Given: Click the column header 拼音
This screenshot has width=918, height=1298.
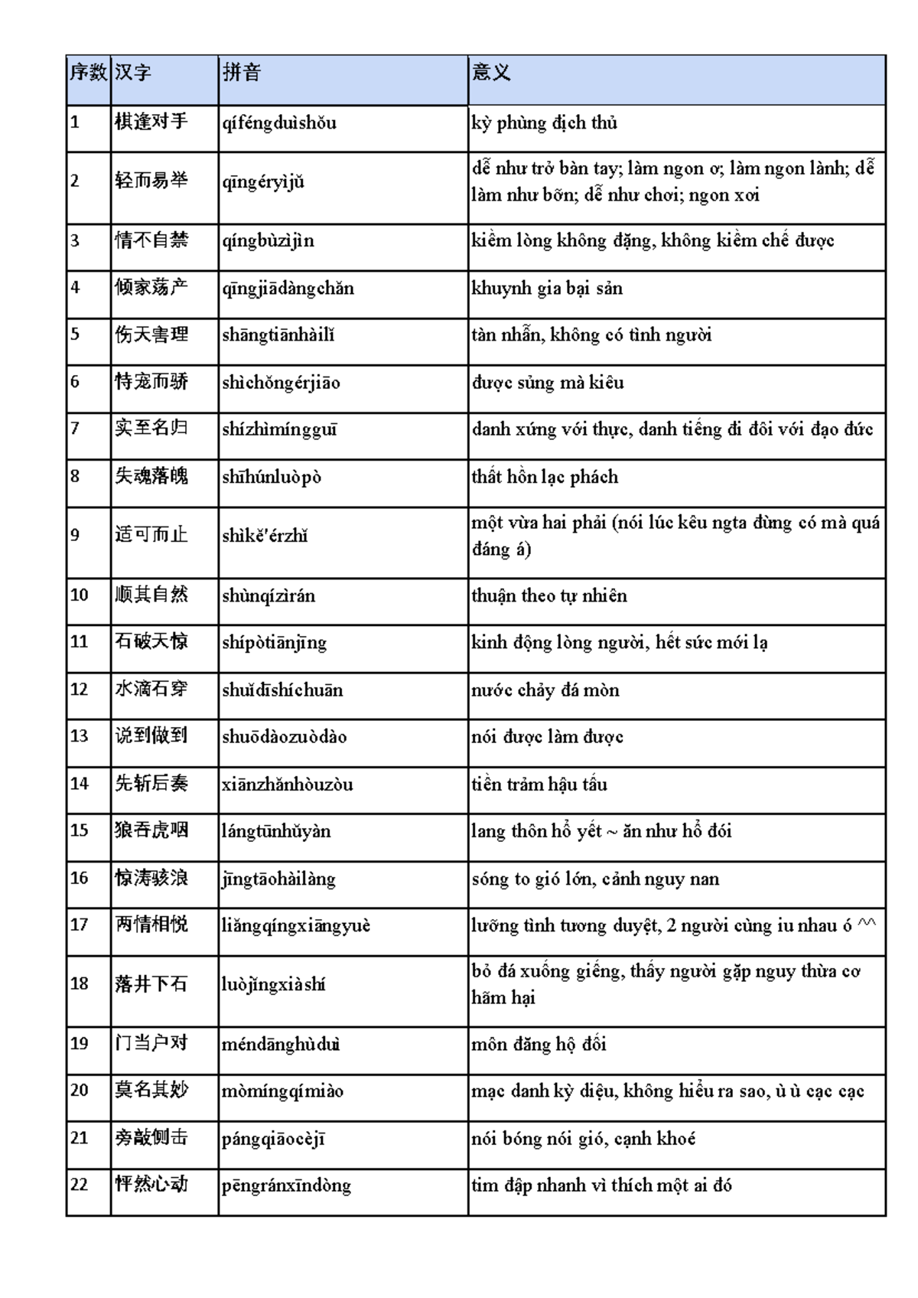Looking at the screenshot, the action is tap(242, 73).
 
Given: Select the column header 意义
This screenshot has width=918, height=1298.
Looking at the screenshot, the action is tap(491, 73).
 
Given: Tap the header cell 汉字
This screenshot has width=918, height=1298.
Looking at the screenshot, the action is tap(133, 73).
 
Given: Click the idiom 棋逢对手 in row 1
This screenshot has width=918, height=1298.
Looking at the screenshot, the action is tap(151, 122).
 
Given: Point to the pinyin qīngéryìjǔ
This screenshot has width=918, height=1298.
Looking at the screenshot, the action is tap(263, 181).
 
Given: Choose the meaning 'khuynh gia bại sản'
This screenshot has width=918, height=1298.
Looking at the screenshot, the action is tap(547, 289).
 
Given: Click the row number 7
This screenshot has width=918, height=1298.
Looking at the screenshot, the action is tap(75, 429).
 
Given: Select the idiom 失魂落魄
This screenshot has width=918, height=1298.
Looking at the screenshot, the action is tap(151, 476).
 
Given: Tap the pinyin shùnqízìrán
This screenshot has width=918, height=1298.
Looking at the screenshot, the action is tap(269, 595).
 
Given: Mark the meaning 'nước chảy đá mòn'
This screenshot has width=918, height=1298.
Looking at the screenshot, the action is tap(545, 690).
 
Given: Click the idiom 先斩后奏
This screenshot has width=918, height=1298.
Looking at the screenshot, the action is tap(151, 784).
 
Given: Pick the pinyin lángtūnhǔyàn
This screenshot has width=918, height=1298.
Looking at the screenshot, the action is tap(276, 831).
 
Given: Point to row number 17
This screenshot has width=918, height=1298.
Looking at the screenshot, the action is tap(80, 925).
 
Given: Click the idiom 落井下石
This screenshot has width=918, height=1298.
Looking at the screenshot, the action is tap(151, 984).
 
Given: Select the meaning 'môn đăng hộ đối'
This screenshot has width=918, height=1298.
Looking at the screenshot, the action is tap(539, 1044).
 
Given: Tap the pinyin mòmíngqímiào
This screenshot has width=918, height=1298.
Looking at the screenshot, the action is tap(282, 1091).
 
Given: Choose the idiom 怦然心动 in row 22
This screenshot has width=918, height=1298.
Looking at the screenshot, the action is tap(151, 1185).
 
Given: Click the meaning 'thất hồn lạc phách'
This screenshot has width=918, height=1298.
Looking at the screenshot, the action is tap(545, 477).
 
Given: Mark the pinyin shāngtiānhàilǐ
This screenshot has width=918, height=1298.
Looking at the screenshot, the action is tap(278, 335).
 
